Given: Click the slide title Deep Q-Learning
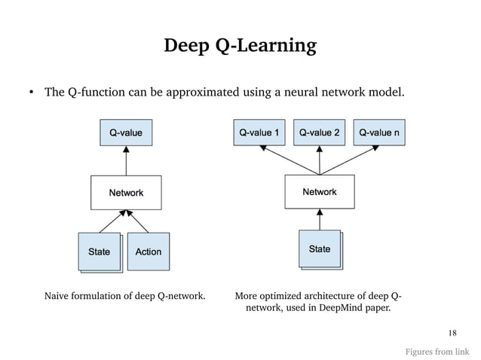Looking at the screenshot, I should click(x=240, y=46).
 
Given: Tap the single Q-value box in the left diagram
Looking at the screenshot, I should click(x=126, y=133).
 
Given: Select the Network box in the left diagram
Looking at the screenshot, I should click(x=126, y=193).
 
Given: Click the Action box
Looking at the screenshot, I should click(x=148, y=252).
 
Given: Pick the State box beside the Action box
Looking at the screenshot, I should click(x=99, y=252).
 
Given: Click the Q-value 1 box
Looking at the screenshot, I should click(x=259, y=133).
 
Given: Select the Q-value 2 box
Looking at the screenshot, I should click(x=319, y=133).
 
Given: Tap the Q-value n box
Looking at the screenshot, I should click(x=379, y=133).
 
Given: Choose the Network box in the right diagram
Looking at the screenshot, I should click(x=319, y=192).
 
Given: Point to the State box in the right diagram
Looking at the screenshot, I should click(x=319, y=249).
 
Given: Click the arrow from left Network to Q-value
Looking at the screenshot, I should click(x=126, y=161).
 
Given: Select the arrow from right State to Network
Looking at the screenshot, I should click(x=319, y=219).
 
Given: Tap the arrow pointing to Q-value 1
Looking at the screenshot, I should click(x=287, y=160).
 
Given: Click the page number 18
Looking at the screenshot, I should click(x=452, y=333).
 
